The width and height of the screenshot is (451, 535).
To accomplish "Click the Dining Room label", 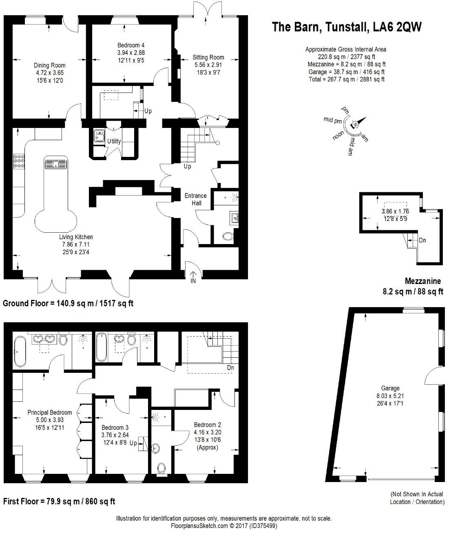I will click(49, 65).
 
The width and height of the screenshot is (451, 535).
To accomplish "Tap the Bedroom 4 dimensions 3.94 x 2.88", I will click(131, 53).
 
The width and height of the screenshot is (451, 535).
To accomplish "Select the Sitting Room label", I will click(208, 57).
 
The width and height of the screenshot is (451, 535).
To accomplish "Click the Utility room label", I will click(114, 141).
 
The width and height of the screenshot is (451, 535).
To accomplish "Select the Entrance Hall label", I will click(196, 199).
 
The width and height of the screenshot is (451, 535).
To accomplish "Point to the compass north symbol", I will click(356, 124).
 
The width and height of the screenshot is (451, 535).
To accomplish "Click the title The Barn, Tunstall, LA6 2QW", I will click(346, 27).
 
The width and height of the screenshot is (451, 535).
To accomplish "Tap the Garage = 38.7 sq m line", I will click(346, 72).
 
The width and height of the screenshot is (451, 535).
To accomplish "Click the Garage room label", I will click(390, 388).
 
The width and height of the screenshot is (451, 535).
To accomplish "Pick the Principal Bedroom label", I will click(49, 412).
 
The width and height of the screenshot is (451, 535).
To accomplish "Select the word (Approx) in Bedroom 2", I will click(208, 447).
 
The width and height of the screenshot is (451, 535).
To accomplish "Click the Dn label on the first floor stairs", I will click(231, 368).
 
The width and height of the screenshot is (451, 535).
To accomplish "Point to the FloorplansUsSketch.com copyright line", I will click(224, 526).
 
